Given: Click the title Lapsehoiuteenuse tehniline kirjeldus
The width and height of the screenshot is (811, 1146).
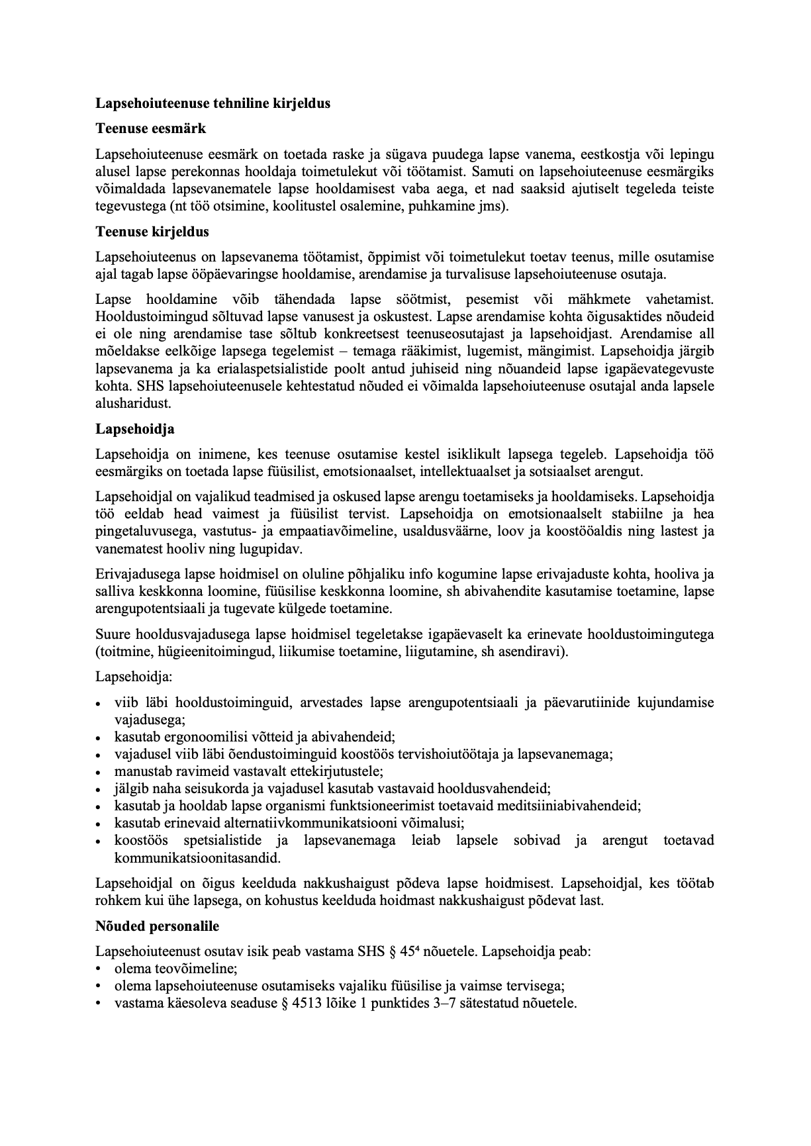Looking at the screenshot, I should point(213,103).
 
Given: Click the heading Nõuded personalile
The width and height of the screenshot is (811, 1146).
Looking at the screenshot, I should point(157,926).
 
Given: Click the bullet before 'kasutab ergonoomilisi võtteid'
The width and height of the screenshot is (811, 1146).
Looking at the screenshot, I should point(98,737).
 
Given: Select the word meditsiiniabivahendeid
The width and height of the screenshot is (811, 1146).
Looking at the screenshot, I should point(570,806).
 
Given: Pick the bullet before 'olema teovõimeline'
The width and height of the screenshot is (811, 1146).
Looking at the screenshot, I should point(98,969).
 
